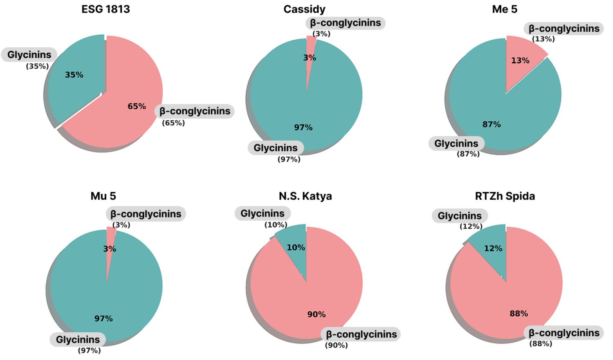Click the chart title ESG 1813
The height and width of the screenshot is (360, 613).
pyautogui.click(x=106, y=9)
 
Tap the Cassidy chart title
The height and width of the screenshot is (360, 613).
pyautogui.click(x=304, y=9)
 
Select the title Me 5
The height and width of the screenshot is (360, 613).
pyautogui.click(x=505, y=9)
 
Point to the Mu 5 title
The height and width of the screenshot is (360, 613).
pyautogui.click(x=103, y=196)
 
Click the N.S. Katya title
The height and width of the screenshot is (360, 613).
pyautogui.click(x=305, y=196)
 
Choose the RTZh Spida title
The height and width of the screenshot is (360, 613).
pyautogui.click(x=505, y=196)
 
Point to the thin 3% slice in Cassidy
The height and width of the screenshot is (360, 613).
pyautogui.click(x=310, y=55)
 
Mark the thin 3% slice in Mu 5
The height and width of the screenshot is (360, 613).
pyautogui.click(x=110, y=246)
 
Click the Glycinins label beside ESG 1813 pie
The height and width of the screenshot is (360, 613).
pyautogui.click(x=29, y=55)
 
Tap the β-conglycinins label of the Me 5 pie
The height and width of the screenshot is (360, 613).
pyautogui.click(x=564, y=29)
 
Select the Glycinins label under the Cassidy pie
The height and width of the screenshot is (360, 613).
pyautogui.click(x=276, y=148)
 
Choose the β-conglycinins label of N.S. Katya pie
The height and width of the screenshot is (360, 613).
pyautogui.click(x=361, y=334)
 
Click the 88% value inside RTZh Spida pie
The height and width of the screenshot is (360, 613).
pyautogui.click(x=519, y=313)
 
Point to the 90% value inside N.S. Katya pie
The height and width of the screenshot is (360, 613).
pyautogui.click(x=317, y=314)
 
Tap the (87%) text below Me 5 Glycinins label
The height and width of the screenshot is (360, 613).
pyautogui.click(x=468, y=154)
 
